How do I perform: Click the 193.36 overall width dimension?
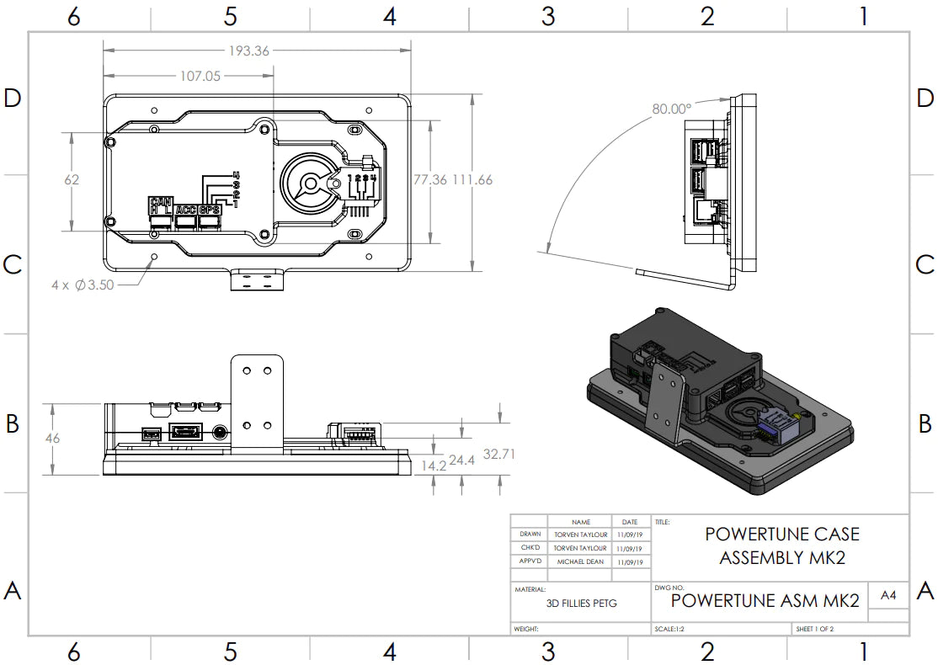(x=248, y=51)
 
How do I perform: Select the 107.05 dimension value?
(x=200, y=76)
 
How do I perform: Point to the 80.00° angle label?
(x=671, y=109)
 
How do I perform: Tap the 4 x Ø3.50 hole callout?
(x=82, y=285)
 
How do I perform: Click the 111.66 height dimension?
(x=472, y=179)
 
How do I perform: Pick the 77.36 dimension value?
(x=430, y=179)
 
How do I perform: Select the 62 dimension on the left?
(x=72, y=179)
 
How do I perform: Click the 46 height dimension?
(x=52, y=439)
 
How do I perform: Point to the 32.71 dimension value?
(x=498, y=455)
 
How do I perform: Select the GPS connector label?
(x=211, y=210)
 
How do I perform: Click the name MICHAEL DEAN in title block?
(x=579, y=561)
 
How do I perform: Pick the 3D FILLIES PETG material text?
(x=581, y=603)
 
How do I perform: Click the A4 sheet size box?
(x=887, y=596)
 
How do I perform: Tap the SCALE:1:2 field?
(x=669, y=629)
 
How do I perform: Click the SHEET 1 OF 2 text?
(x=814, y=629)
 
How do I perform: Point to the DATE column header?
(x=630, y=522)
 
